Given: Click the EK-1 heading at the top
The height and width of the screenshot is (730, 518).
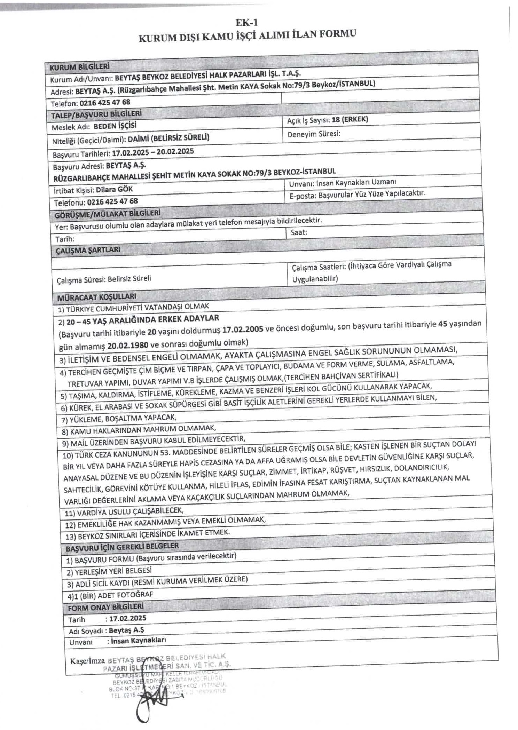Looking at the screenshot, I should tap(246, 23).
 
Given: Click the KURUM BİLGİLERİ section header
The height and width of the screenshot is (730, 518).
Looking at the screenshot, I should tap(80, 66).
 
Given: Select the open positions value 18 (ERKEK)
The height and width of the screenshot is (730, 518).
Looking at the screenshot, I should tap(350, 120).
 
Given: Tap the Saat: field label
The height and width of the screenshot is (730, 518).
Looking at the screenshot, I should tap(299, 232).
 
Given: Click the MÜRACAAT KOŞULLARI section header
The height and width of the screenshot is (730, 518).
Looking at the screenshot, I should tap(96, 296).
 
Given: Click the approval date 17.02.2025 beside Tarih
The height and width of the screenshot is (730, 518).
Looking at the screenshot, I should tap(127, 618).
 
